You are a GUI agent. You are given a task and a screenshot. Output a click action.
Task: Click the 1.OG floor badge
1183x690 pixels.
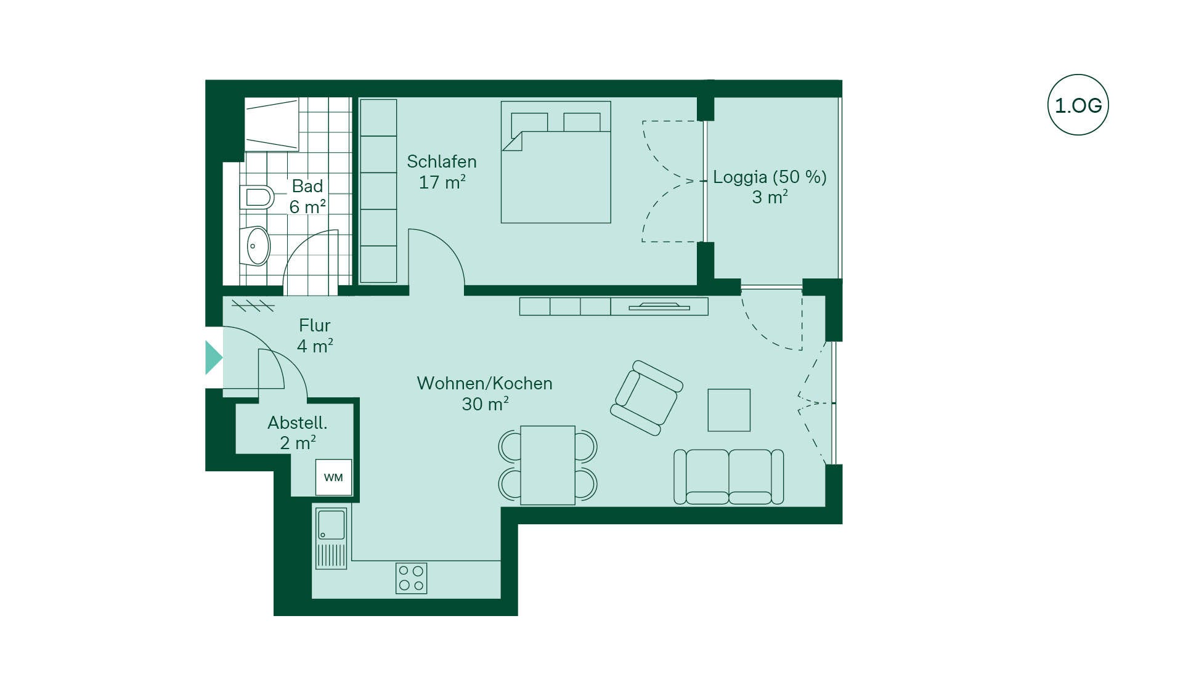[1078, 105]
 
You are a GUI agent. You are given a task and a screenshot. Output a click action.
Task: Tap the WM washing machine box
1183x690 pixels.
[333, 477]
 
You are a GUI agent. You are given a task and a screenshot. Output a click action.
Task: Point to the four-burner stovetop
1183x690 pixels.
[411, 578]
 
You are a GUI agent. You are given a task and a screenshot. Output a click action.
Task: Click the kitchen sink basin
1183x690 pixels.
[331, 524]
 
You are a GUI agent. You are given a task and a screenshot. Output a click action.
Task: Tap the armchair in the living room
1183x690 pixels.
[646, 398]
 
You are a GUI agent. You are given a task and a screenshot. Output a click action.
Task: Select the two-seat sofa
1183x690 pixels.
[728, 477]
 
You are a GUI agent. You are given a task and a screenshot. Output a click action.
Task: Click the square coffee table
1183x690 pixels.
[729, 410]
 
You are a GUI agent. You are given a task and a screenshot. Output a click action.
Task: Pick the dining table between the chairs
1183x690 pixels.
[548, 465]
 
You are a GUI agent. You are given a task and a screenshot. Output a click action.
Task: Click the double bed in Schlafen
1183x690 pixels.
[556, 162]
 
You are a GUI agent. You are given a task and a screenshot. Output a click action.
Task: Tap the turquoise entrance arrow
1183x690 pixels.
[213, 357]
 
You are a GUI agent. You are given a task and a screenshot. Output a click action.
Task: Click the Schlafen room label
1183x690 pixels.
[442, 161]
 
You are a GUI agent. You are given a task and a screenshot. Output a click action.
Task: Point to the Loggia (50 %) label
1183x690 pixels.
[770, 177]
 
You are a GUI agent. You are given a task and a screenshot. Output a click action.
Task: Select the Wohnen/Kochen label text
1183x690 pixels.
[484, 383]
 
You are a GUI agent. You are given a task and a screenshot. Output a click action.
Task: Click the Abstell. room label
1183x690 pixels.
[298, 423]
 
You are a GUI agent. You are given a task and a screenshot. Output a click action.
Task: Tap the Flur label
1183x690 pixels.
[314, 325]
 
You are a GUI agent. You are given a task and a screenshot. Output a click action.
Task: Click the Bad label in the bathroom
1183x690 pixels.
[307, 186]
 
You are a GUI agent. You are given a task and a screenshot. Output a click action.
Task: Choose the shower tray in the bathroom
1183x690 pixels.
[272, 124]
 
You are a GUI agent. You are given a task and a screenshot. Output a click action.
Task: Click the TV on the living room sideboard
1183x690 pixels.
[659, 306]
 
